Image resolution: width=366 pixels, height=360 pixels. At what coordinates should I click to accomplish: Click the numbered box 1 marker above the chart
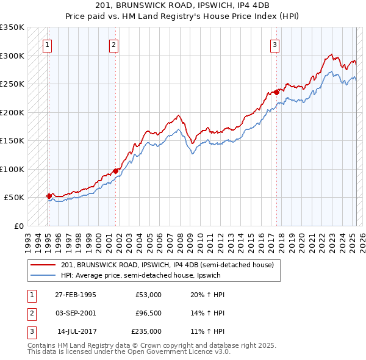pyautogui.click(x=47, y=44)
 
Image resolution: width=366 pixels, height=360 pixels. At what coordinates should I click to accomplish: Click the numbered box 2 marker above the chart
pyautogui.click(x=113, y=44)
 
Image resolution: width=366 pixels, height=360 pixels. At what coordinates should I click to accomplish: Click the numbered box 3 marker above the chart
pyautogui.click(x=275, y=44)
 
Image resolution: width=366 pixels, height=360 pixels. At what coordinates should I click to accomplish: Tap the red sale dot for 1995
pyautogui.click(x=49, y=196)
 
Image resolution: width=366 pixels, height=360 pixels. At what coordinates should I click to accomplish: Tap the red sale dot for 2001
pyautogui.click(x=116, y=171)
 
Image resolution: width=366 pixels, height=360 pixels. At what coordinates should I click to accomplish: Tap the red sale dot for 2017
pyautogui.click(x=276, y=92)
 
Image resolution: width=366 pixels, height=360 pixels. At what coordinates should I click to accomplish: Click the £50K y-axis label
pyautogui.click(x=15, y=198)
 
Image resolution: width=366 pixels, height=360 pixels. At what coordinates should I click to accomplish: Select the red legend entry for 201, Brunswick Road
pyautogui.click(x=171, y=265)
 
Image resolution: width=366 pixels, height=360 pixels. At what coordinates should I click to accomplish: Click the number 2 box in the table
pyautogui.click(x=30, y=312)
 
